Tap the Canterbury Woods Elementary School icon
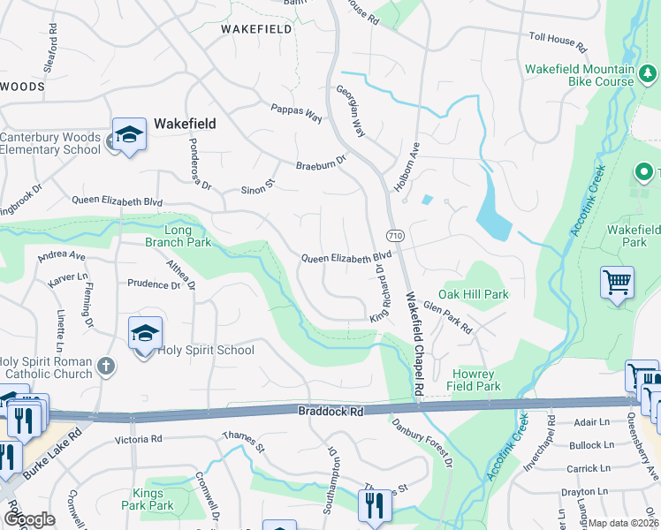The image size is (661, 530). [x=129, y=135]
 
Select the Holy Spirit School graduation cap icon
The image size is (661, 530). [x=145, y=334]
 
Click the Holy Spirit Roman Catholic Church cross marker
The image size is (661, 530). [x=105, y=365]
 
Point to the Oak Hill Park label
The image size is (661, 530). [x=473, y=294]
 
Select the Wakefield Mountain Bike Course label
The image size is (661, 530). [x=580, y=75]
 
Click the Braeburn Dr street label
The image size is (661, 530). [x=319, y=163]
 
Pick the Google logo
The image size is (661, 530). [x=29, y=519]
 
